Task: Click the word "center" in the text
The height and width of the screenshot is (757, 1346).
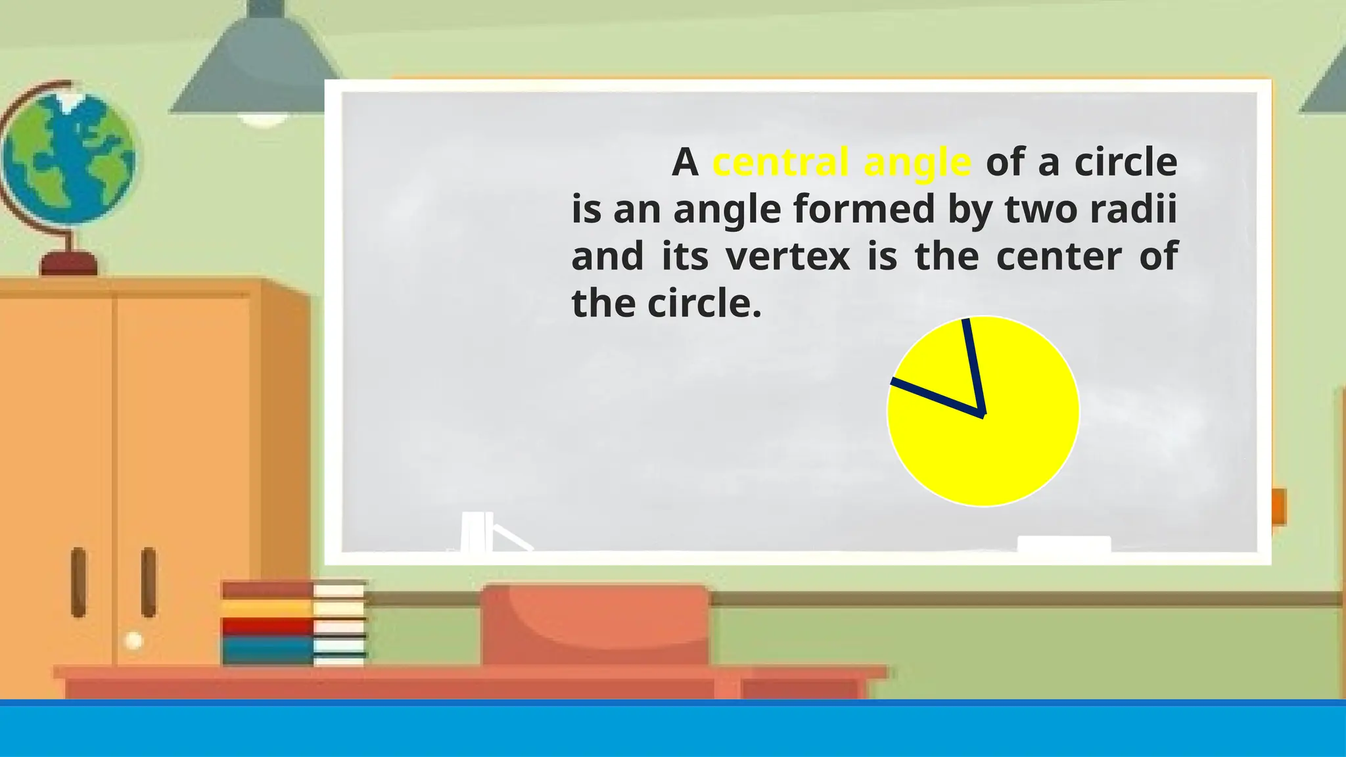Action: (1059, 257)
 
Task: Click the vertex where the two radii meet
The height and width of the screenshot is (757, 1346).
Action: (982, 414)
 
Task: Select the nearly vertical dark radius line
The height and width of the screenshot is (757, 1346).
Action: (973, 365)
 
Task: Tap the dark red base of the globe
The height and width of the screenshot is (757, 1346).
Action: (69, 264)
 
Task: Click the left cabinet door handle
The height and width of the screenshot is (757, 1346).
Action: (78, 582)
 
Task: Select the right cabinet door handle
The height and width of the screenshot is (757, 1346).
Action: (149, 582)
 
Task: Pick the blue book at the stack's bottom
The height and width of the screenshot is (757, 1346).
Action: (268, 652)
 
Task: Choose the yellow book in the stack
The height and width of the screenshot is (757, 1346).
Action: (268, 608)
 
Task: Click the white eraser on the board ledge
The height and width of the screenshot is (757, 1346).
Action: (1063, 544)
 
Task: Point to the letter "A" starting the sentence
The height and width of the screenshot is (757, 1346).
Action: (684, 163)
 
